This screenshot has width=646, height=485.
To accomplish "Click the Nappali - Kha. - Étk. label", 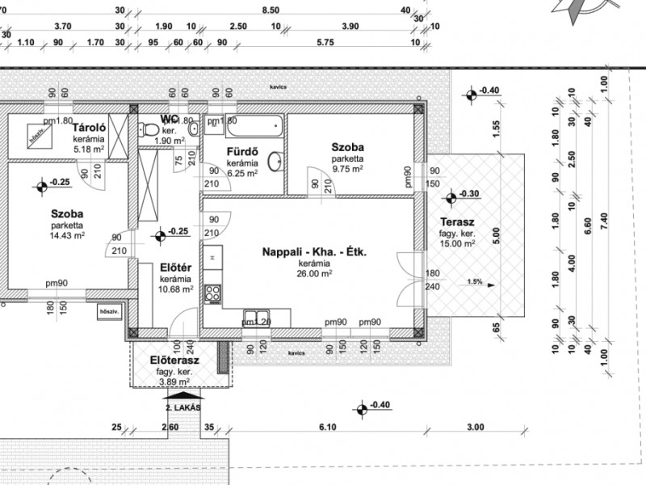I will [314, 253].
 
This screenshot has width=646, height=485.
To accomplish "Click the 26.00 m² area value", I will [314, 273].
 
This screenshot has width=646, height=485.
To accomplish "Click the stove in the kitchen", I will [213, 293].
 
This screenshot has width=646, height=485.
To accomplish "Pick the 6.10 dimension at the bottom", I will [327, 427].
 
